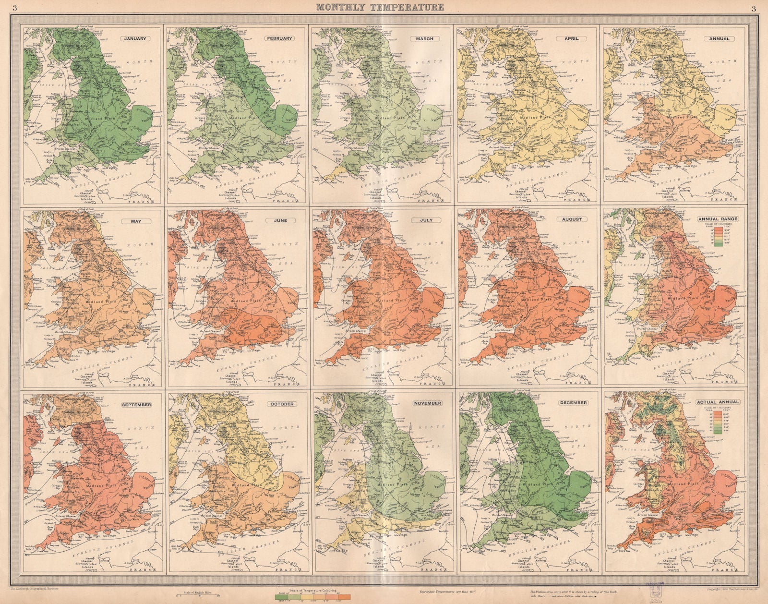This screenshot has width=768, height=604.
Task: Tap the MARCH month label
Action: pos(425,38)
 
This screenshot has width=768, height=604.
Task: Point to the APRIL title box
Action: pos(571,38)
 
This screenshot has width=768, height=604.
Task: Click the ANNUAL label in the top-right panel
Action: pos(719,38)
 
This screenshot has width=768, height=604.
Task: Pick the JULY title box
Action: pos(425,220)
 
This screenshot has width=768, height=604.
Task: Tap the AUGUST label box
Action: pos(571,219)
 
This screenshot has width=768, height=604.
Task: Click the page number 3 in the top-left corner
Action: pos(15,7)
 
